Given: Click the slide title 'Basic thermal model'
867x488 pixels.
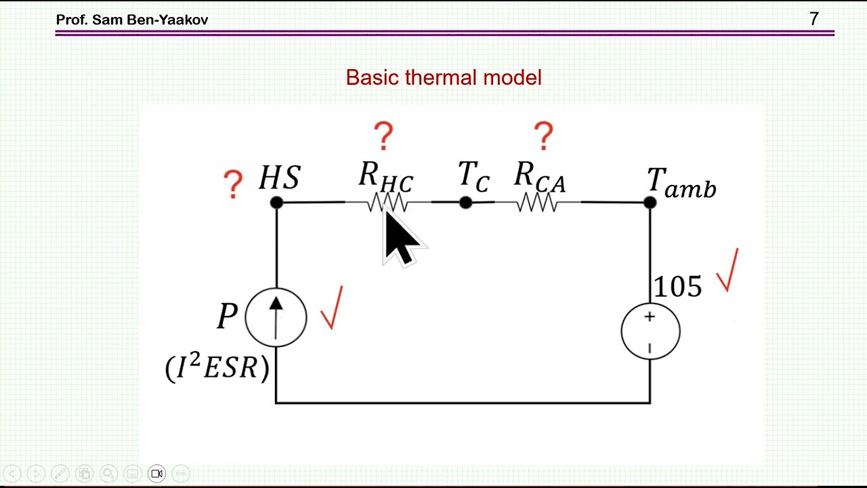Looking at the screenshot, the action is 444,77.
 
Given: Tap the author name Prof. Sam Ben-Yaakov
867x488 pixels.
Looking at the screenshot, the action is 132,20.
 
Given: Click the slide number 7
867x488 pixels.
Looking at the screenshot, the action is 814,19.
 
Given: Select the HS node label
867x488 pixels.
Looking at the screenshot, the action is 280,178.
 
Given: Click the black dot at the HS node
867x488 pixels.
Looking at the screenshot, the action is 277,203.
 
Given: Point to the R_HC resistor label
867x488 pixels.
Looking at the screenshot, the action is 386,177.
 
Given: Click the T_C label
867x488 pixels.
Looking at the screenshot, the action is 474,176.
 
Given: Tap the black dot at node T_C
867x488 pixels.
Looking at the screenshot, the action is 465,203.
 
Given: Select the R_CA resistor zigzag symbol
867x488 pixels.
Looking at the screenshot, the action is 538,203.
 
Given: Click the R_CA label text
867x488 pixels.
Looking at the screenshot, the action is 541,177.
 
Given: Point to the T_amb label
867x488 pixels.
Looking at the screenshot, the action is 681,183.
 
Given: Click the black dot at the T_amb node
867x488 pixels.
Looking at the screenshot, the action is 650,203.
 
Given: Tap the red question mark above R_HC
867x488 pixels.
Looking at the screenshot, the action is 383,136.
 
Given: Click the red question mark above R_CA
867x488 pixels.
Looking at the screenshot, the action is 544,136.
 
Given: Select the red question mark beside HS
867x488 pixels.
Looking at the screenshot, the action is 233,184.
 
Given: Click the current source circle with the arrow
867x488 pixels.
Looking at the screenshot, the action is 276,318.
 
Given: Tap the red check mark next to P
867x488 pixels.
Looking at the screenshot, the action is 332,308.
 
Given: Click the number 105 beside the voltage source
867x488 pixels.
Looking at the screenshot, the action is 678,287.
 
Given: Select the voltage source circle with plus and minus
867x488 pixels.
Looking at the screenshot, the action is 650,331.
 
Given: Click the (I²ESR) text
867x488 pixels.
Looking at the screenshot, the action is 217,367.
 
